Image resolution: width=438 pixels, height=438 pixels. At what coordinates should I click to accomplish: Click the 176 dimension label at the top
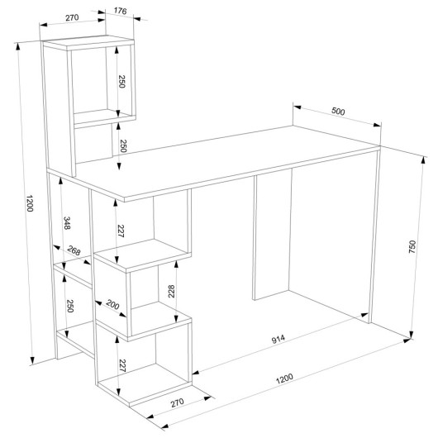[x=121, y=11]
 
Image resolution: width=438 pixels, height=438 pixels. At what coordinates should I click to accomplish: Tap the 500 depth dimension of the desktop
[x=338, y=112]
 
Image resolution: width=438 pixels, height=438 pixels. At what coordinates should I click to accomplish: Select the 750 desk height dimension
[x=412, y=246]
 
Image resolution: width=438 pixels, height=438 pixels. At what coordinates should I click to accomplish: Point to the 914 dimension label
[x=279, y=339]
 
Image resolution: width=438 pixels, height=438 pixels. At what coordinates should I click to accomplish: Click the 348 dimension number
[x=67, y=223]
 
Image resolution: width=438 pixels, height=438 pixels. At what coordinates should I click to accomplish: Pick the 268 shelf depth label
[x=74, y=250]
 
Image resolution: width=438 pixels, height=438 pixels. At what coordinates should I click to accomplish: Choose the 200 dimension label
[x=112, y=305]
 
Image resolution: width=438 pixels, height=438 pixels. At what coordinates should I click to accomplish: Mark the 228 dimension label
[x=171, y=292]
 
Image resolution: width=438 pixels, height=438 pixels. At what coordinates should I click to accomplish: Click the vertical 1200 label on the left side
[x=29, y=203]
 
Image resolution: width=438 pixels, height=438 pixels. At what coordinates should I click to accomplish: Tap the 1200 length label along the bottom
[x=284, y=378]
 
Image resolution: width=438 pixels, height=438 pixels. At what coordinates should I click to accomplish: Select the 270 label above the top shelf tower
[x=72, y=17]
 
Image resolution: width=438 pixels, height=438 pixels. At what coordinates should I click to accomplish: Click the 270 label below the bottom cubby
[x=178, y=402]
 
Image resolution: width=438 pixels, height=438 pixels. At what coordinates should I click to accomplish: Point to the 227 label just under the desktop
[x=121, y=231]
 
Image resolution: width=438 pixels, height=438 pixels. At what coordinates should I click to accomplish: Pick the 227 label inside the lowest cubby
[x=122, y=365]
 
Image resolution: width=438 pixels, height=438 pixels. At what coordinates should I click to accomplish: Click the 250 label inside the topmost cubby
[x=121, y=81]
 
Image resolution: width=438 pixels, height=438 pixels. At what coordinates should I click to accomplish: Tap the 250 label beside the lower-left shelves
[x=70, y=306]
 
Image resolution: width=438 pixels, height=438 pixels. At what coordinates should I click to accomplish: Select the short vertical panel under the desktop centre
[x=272, y=234]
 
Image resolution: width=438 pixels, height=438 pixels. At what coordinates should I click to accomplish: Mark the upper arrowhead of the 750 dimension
[x=424, y=160]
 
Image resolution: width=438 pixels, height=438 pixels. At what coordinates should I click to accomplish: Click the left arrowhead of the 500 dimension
[x=298, y=107]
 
